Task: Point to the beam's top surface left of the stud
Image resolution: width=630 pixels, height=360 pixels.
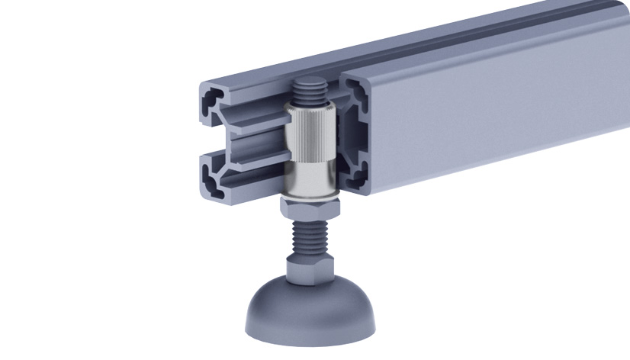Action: [x=252, y=72]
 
